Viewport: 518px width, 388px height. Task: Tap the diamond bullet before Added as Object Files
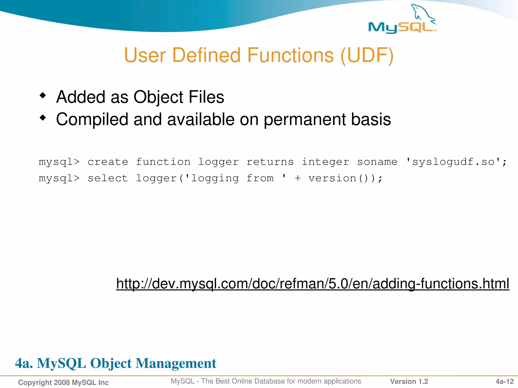click(43, 95)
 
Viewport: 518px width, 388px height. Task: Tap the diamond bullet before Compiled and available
click(43, 118)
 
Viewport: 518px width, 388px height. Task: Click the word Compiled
click(92, 119)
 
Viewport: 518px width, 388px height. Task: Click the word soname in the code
click(377, 162)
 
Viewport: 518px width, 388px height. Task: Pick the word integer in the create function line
click(325, 162)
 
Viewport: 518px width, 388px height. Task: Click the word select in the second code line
click(108, 178)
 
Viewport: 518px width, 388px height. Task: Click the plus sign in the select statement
click(298, 178)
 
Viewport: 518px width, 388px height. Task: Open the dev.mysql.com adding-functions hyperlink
click(313, 283)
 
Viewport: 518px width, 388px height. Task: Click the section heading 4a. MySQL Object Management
click(116, 363)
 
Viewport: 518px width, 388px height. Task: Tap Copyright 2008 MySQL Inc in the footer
click(63, 382)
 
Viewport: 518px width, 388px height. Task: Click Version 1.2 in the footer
click(409, 381)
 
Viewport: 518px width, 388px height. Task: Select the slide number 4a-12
click(504, 381)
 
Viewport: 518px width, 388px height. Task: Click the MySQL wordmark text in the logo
click(401, 27)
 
